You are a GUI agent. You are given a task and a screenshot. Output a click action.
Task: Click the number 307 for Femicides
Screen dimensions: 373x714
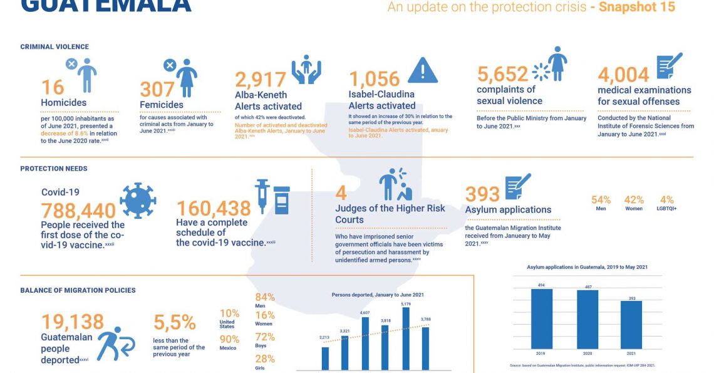tap(158, 89)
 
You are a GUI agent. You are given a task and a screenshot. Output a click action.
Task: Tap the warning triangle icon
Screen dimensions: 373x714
tap(423, 70)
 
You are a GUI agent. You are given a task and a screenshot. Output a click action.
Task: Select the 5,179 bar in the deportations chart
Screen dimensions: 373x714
tap(405, 339)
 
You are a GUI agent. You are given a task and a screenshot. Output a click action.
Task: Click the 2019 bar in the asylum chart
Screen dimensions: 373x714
tap(542, 318)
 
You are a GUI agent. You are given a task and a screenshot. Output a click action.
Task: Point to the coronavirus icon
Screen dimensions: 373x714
tap(137, 201)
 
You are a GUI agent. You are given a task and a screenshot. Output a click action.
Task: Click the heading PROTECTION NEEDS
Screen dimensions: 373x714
tap(54, 169)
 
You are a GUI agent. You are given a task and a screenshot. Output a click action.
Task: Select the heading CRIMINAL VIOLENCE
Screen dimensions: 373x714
tap(54, 47)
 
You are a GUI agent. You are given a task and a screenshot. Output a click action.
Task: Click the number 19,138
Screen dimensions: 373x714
tap(73, 322)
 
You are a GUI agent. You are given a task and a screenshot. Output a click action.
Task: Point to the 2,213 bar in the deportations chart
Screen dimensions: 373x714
tap(325, 358)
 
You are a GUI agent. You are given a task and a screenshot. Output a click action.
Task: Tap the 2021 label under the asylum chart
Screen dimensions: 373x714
tap(632, 353)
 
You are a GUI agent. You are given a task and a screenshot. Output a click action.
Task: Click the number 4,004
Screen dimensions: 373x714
tap(623, 75)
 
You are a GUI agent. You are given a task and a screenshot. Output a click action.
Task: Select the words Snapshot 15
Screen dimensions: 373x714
tap(637, 8)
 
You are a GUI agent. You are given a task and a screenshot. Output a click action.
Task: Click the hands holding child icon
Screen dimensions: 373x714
tap(306, 70)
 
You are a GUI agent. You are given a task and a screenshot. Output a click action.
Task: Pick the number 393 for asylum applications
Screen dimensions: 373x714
tap(482, 194)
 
